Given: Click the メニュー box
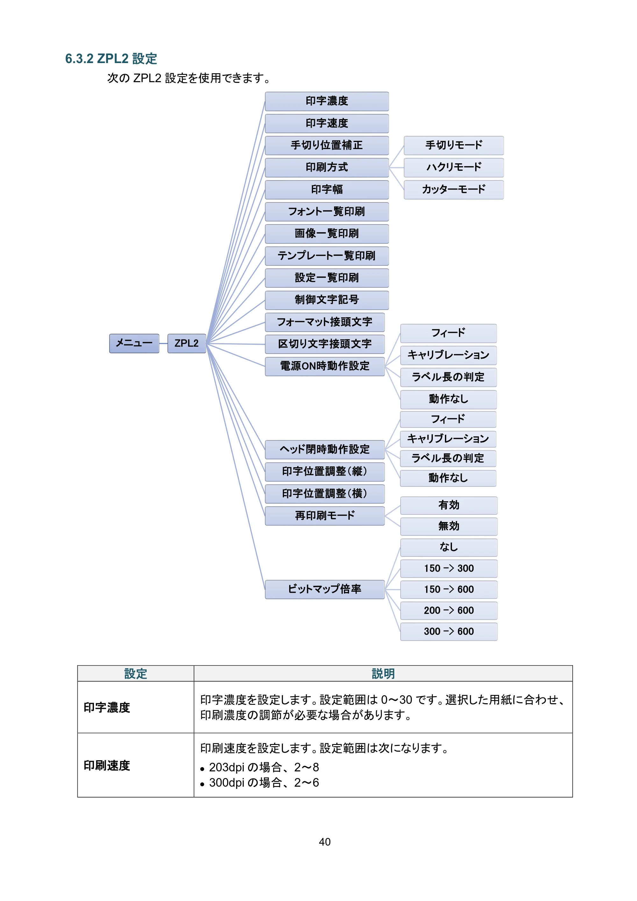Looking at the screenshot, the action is (x=134, y=343).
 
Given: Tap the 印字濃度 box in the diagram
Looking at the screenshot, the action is (x=326, y=101).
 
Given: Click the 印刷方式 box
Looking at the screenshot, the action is (x=326, y=168).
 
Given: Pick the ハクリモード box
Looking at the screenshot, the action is (x=454, y=168).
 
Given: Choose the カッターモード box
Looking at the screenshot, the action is (x=454, y=189).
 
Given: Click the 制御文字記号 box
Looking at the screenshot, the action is (x=326, y=300).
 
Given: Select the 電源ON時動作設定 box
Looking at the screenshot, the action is (x=325, y=366).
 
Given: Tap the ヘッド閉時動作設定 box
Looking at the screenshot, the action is (x=325, y=449).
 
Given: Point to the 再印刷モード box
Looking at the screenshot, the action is (x=325, y=516).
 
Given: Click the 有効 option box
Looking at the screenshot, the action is (x=449, y=505).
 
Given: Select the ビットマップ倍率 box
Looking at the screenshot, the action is (x=325, y=590).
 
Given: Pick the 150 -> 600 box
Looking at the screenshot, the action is (x=449, y=590).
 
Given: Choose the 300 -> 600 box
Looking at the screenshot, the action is (x=449, y=632).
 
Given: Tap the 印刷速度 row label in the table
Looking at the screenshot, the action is (x=107, y=765).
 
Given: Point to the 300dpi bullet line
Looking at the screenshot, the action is (x=260, y=783).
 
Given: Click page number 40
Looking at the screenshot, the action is (x=325, y=841).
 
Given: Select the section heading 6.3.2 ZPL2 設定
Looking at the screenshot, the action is (x=111, y=59).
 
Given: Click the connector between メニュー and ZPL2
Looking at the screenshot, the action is (x=163, y=343).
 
